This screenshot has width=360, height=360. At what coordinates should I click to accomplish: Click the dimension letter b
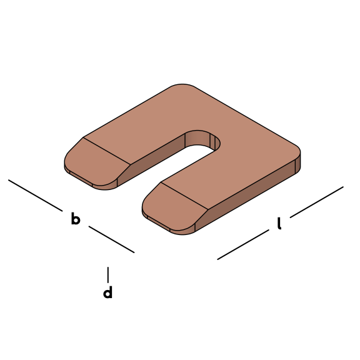point(76,219)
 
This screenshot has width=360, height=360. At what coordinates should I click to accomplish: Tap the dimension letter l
point(279,223)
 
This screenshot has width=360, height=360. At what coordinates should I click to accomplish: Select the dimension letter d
point(108,292)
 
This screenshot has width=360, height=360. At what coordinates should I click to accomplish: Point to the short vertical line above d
point(108,275)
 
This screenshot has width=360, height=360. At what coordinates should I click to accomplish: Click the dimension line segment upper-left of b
point(36,196)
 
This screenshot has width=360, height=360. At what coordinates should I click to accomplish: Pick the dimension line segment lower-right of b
point(112,239)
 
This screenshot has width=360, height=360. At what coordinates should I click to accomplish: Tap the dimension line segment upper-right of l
point(317,202)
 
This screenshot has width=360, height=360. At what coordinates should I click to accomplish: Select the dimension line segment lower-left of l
point(243,244)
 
